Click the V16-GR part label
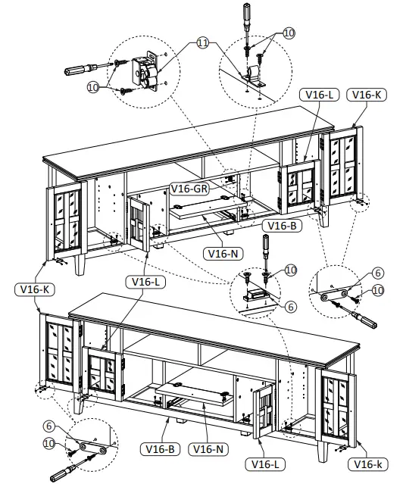189,188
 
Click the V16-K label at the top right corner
365,95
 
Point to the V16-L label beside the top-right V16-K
319,95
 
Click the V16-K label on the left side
33,289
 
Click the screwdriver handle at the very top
246,14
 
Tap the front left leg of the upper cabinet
80,265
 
